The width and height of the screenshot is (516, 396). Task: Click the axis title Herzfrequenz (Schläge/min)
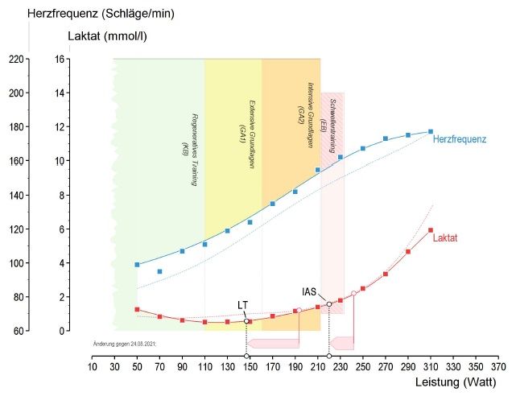[101, 14]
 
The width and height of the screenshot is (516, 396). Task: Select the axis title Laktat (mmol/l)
[107, 36]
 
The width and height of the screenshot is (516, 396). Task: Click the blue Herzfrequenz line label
[460, 139]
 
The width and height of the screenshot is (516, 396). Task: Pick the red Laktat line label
[445, 238]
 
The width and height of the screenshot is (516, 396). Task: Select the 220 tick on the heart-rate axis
[15, 59]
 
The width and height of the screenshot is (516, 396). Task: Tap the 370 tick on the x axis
[498, 368]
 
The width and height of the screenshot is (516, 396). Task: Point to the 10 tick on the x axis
[92, 368]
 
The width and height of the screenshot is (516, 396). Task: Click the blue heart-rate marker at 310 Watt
[431, 131]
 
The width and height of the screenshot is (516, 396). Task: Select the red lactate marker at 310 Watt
[431, 230]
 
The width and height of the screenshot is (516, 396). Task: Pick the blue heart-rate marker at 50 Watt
[137, 264]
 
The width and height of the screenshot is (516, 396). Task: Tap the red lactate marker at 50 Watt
[137, 309]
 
